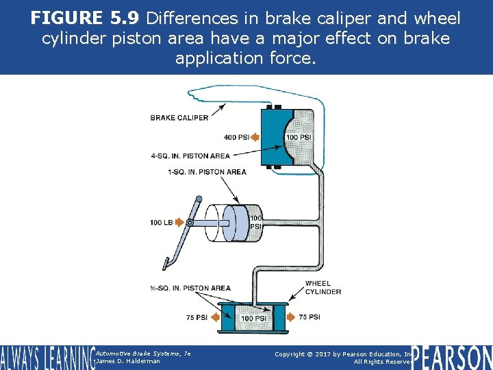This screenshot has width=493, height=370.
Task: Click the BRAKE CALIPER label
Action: point(179,118)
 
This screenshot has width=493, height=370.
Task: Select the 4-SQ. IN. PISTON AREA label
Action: point(190,156)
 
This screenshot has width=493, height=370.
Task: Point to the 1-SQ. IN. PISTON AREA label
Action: point(207,172)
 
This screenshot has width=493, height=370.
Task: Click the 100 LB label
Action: point(162,223)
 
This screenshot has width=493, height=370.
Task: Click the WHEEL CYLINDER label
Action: point(323,288)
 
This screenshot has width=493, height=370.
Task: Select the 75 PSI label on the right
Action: point(309,317)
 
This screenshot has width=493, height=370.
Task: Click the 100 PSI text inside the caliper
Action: point(299,138)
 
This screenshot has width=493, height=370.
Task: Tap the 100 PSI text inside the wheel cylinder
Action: point(254,319)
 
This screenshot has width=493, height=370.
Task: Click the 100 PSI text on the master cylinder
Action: point(255,223)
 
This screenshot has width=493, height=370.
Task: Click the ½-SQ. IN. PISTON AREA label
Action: point(190,288)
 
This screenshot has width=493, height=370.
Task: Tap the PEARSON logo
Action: point(452,357)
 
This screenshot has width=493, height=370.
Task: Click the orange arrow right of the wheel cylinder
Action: point(288,317)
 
